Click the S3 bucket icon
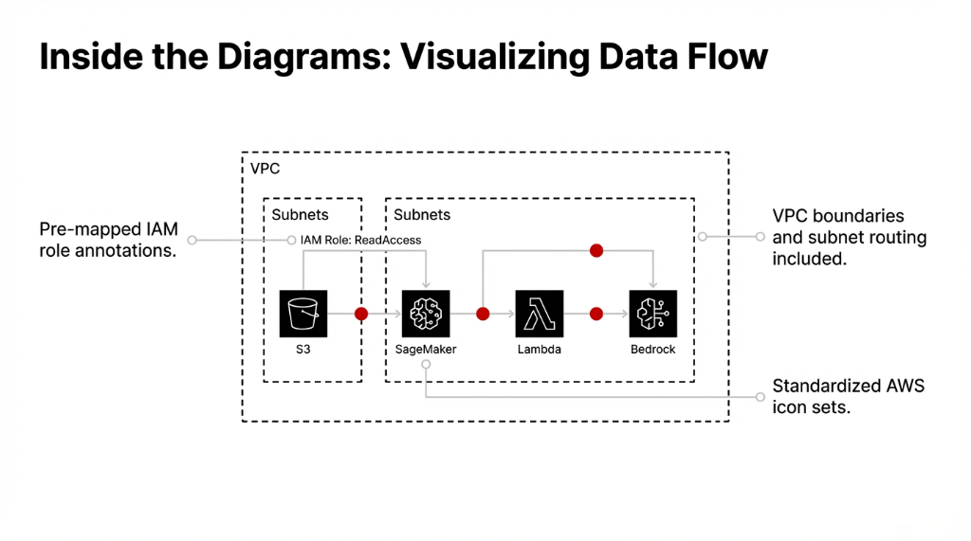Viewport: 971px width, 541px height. (303, 314)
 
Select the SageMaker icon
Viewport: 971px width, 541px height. (426, 314)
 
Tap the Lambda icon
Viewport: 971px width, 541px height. (540, 314)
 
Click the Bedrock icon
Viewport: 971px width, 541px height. (653, 314)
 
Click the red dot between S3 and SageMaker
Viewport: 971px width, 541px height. (360, 314)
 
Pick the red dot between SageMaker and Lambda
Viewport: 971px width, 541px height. (483, 314)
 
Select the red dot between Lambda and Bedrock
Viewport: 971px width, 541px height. (596, 314)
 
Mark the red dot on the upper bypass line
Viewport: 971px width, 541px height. (596, 251)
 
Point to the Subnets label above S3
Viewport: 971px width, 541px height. (300, 215)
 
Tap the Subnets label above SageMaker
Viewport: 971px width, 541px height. (422, 215)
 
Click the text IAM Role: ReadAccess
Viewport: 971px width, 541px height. (360, 241)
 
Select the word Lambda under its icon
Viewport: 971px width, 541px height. (540, 350)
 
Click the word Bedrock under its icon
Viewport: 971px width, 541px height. (653, 350)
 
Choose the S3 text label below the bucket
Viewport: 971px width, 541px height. (303, 350)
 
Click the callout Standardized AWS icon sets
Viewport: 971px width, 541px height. (848, 397)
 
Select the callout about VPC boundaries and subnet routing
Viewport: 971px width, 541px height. (849, 237)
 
